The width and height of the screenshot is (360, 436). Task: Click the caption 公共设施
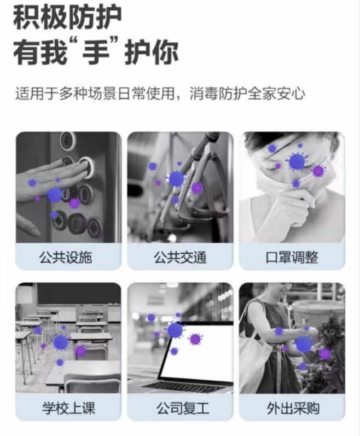click(68, 257)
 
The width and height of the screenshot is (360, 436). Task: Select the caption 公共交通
click(180, 257)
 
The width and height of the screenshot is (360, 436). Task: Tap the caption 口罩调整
click(292, 257)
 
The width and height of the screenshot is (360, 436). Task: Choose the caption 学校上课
click(68, 408)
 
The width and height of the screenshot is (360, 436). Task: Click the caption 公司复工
click(180, 408)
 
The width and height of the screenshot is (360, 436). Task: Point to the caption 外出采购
click(292, 408)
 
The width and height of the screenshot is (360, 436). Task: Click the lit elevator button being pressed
click(86, 165)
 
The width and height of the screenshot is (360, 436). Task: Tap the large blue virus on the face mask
click(296, 161)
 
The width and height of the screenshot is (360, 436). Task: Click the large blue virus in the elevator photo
click(55, 195)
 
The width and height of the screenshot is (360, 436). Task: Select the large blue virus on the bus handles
click(176, 179)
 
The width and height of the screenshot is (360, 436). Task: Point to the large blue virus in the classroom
click(61, 342)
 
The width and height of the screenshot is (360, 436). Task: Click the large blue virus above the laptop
click(175, 330)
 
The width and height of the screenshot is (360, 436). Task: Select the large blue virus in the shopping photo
click(303, 344)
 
